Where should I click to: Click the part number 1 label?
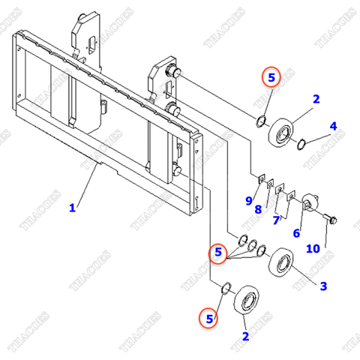[x=73, y=208]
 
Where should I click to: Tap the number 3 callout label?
[x=323, y=286]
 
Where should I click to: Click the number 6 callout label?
[x=296, y=233]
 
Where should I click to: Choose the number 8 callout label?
[x=257, y=211]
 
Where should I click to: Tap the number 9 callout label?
[x=248, y=199]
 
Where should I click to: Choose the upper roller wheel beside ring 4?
[x=280, y=133]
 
